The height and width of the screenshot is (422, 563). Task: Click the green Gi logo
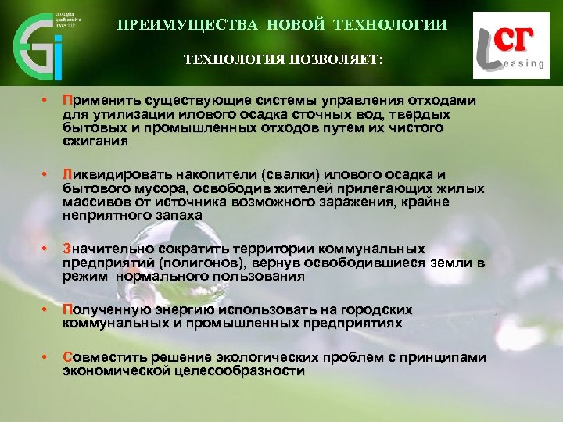point(39,44)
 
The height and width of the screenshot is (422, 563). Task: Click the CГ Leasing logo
point(510,48)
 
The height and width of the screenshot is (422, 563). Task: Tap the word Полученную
point(99,310)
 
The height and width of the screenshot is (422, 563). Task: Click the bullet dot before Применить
point(45,101)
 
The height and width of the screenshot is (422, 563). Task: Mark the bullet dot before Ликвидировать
point(45,174)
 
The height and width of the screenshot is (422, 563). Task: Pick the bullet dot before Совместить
point(45,358)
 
